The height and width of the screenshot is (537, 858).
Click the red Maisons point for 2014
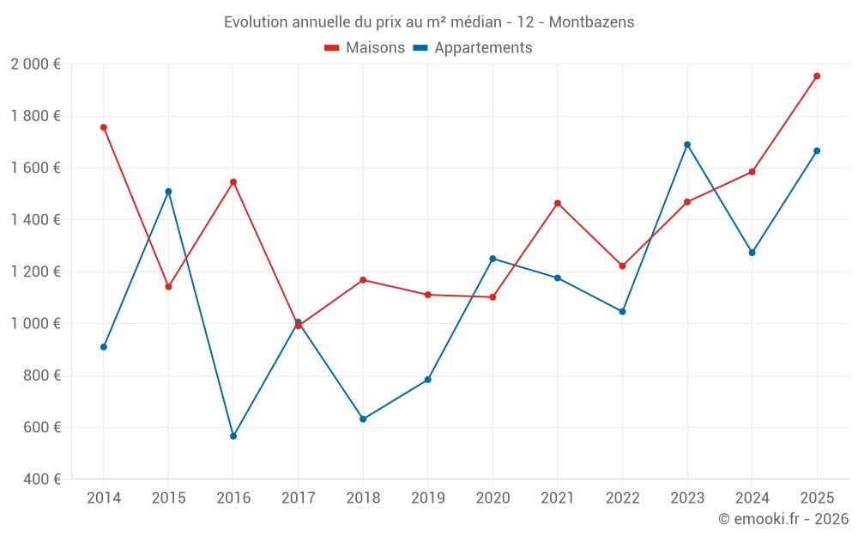coord(104,127)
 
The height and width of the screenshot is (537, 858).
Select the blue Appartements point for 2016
coord(233,436)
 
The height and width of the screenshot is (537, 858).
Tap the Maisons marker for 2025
coord(817,76)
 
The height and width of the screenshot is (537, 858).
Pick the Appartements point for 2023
coord(687,144)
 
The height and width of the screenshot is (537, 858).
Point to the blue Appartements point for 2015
coord(168,192)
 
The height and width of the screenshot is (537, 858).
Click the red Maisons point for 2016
coord(233,182)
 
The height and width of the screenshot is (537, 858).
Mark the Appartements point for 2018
coord(363,419)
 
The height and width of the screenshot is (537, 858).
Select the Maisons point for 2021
coord(558,204)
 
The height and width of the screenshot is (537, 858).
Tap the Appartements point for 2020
coord(492,259)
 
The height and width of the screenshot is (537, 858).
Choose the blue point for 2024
coord(752,253)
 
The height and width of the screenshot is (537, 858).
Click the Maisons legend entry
coord(365,48)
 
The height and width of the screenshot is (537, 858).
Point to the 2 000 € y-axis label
coord(35,64)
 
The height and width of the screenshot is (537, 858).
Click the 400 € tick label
coord(41,479)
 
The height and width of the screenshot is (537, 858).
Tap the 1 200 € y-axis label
coord(35,272)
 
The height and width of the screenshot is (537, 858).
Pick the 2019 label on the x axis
coord(428,498)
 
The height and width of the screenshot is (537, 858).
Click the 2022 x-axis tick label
coord(623,498)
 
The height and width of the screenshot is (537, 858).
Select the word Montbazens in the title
coord(594,22)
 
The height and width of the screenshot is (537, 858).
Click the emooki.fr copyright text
coord(782,519)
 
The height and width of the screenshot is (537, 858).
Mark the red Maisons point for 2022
coord(623,266)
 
